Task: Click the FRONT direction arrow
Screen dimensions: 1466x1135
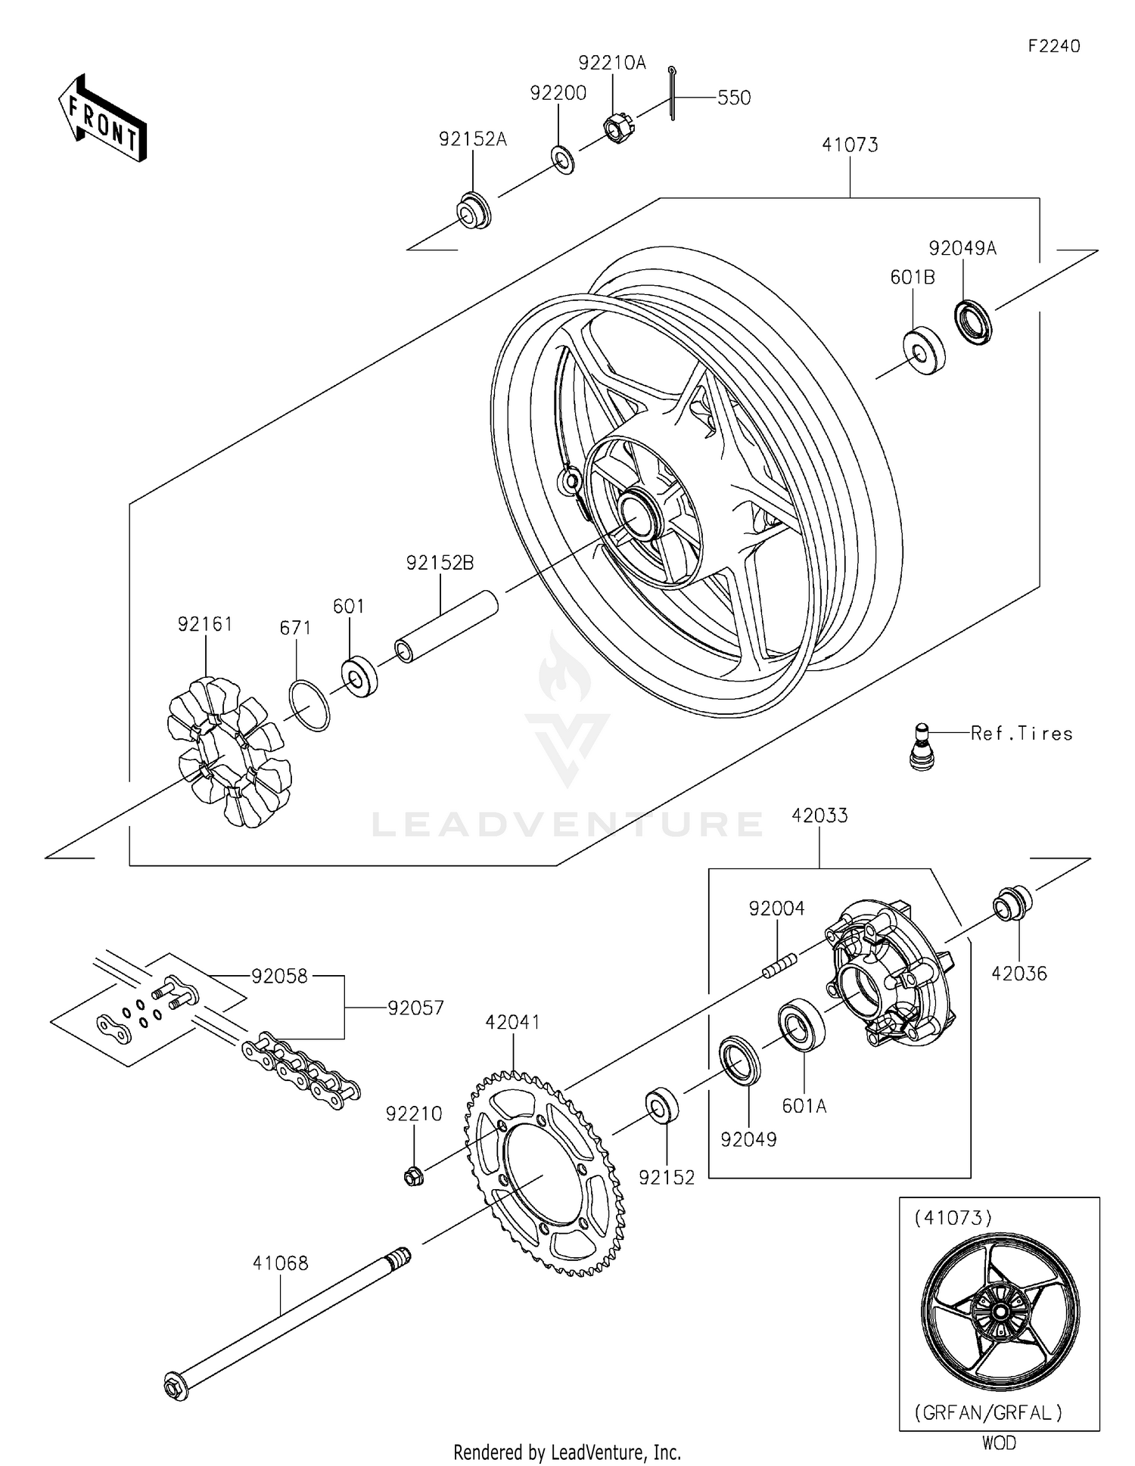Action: (102, 119)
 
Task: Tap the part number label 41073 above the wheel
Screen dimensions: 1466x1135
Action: (850, 144)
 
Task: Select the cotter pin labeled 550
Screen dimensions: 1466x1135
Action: (672, 92)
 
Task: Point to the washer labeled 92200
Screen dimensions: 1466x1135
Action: (563, 160)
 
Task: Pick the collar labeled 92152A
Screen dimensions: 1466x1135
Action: (474, 211)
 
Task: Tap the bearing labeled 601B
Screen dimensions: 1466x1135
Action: (924, 352)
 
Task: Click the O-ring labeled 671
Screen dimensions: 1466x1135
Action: (309, 705)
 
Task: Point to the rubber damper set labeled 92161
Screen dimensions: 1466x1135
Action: (229, 751)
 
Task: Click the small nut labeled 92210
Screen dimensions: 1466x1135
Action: (413, 1176)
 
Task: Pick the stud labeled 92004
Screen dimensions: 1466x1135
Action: (779, 965)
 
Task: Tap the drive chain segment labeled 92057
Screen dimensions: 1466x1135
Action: (301, 1063)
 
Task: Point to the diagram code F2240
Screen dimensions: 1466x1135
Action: (1053, 46)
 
